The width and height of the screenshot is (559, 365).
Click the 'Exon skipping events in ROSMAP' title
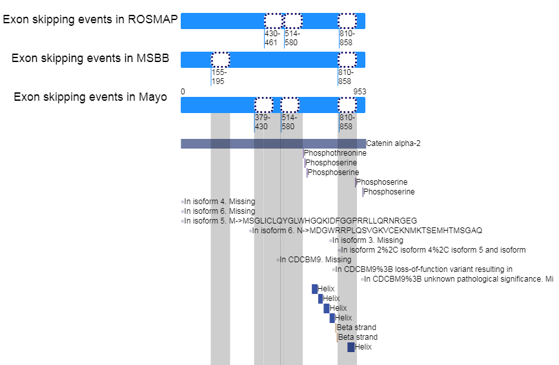click(x=90, y=19)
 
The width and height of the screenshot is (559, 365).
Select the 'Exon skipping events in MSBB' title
click(x=90, y=58)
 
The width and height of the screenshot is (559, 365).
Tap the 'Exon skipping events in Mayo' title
click(x=90, y=98)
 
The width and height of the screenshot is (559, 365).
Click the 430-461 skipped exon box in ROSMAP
click(x=273, y=21)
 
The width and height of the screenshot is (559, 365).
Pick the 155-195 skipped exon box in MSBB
click(x=220, y=59)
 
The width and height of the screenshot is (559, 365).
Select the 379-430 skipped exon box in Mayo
click(x=263, y=105)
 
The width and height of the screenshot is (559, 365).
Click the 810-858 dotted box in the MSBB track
click(x=347, y=59)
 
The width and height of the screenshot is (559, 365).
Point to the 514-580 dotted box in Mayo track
click(x=290, y=105)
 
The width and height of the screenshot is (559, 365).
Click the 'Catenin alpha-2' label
click(x=393, y=143)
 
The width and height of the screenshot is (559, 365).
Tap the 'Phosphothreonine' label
click(x=335, y=153)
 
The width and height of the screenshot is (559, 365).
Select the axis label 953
click(x=360, y=92)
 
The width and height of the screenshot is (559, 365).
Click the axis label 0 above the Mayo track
click(x=183, y=92)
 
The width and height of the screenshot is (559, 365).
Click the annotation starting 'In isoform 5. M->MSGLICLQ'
click(x=300, y=221)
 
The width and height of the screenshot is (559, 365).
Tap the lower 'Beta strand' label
click(x=358, y=337)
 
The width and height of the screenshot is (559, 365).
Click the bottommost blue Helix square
click(x=351, y=347)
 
